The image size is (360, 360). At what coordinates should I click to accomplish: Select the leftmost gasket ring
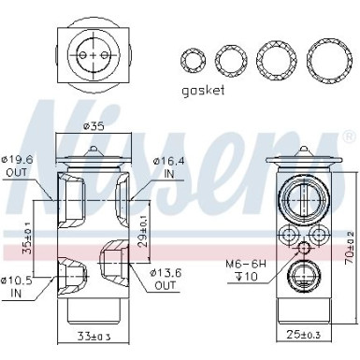coord(193,62)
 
